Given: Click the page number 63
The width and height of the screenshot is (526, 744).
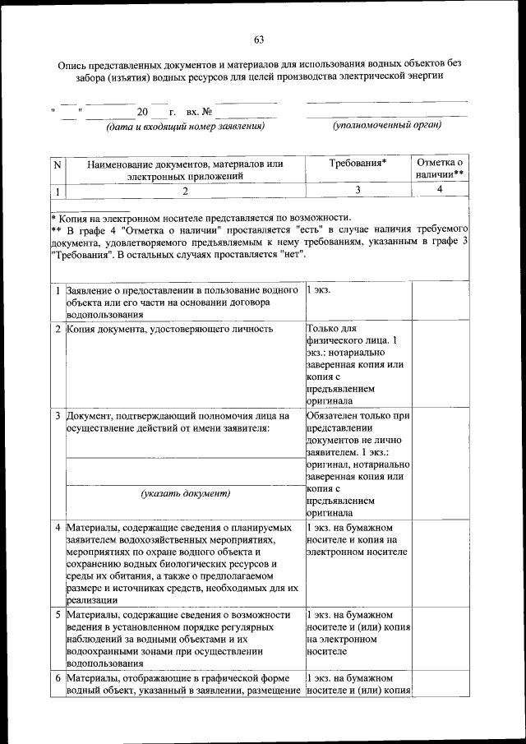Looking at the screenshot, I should tap(259, 39).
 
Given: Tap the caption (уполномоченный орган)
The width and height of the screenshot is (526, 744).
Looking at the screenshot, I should tap(386, 126).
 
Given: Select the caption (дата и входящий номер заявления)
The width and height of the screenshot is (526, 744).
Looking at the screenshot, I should tap(185, 127).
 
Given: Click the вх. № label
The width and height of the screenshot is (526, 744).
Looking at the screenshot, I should tap(200, 111).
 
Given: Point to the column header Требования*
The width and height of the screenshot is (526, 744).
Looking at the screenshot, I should tap(358, 164).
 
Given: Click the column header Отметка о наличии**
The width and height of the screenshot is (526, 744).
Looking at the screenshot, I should tap(440, 169).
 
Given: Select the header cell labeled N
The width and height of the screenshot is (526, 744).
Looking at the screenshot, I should tap(57, 164).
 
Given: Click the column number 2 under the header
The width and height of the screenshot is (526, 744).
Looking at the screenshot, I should tap(185, 191).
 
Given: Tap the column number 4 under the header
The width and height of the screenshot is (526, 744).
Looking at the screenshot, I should tap(440, 190).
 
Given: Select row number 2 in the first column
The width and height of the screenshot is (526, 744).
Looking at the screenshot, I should tap(58, 330).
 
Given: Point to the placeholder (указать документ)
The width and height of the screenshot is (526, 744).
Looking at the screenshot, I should tap(185, 493).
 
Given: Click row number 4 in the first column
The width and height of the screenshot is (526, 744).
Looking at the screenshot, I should tap(58, 527).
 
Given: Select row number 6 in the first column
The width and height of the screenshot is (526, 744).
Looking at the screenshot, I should tap(58, 678).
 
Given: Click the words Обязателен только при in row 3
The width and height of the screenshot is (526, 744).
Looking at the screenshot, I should tap(358, 416).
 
